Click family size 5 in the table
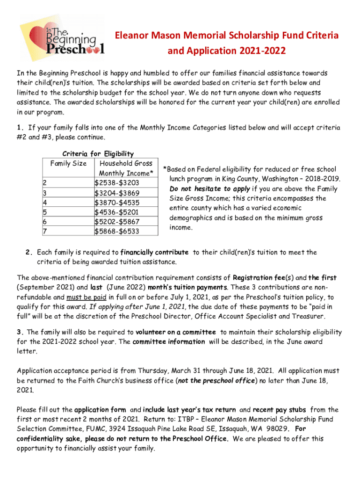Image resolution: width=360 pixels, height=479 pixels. click(x=44, y=212)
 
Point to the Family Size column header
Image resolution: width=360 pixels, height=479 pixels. click(x=68, y=163)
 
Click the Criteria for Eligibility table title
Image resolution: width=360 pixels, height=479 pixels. click(x=98, y=153)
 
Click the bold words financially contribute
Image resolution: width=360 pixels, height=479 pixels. click(x=154, y=252)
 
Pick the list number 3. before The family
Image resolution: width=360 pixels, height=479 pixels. click(x=20, y=332)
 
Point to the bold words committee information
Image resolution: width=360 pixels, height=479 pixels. click(x=169, y=341)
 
